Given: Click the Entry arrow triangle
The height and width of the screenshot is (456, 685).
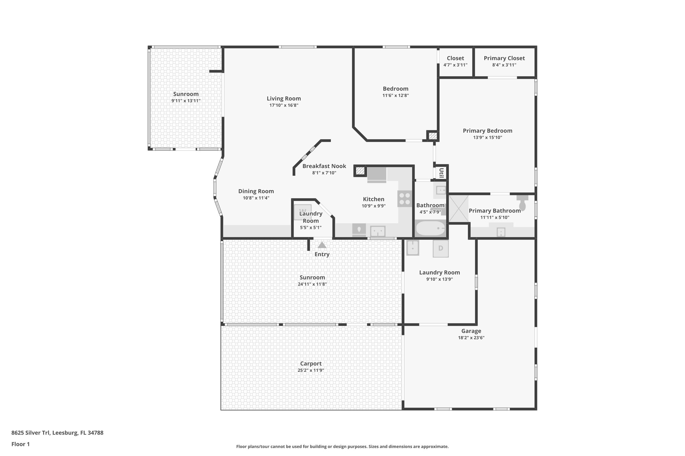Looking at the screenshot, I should [x=322, y=245].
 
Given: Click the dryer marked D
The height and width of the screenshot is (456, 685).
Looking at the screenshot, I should [x=441, y=249].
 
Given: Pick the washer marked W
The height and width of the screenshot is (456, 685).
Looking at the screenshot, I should [x=303, y=212].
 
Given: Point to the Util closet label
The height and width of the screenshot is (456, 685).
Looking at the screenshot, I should [x=441, y=173].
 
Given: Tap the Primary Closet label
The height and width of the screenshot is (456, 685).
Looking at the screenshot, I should [x=504, y=58].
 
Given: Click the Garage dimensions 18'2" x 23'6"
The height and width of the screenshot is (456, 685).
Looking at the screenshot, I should [x=471, y=337].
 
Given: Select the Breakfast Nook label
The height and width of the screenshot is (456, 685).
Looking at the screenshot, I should [x=324, y=166].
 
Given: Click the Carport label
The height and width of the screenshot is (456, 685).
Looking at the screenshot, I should [x=311, y=363].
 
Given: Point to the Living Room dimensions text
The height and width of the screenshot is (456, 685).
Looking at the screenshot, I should [x=284, y=105].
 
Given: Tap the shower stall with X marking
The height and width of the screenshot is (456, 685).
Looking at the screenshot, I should [x=458, y=209].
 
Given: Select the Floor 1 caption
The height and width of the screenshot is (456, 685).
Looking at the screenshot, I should [x=20, y=444].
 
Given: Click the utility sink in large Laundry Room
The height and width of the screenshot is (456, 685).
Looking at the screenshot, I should [x=413, y=248].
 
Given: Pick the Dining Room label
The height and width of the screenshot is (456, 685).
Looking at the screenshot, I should [x=256, y=191].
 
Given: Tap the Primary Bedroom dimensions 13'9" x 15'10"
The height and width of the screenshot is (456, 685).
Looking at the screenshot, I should [x=487, y=137].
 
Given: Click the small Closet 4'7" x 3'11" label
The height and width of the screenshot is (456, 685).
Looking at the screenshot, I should [x=455, y=58].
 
